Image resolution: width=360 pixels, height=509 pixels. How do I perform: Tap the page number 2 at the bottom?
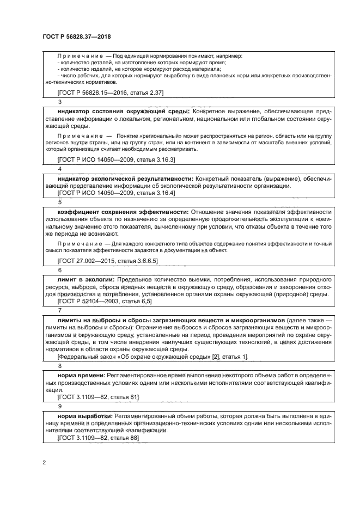point(44,463)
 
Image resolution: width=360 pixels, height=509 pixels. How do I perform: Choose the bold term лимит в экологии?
point(82,279)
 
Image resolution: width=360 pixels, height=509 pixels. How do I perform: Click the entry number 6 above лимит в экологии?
point(59,269)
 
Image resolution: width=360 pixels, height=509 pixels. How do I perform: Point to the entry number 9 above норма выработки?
point(59,407)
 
